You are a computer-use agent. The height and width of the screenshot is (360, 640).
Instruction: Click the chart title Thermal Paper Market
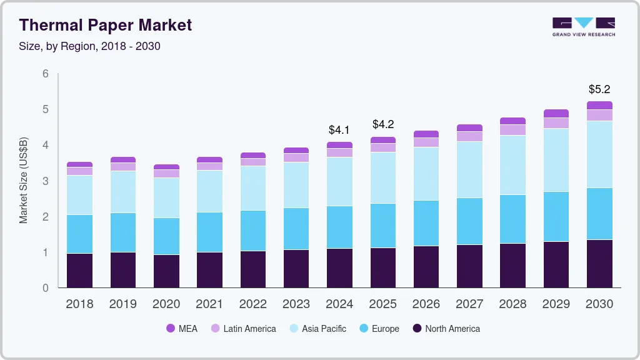tap(105, 26)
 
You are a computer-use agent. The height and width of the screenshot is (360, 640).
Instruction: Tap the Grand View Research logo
tap(583, 27)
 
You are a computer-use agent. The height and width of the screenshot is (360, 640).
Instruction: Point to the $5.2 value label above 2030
tap(599, 89)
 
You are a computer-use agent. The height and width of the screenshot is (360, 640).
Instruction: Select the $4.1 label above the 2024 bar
tap(339, 130)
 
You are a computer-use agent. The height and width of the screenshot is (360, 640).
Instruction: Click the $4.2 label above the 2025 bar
tap(383, 124)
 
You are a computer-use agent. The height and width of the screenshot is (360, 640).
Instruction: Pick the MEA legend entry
tap(181, 329)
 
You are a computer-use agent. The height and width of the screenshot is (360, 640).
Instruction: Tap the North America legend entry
tap(446, 329)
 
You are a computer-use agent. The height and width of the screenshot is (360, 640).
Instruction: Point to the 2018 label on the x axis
tap(79, 304)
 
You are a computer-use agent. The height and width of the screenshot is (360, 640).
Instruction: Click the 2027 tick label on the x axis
tap(469, 304)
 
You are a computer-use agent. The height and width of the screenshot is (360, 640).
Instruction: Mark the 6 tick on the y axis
tap(46, 74)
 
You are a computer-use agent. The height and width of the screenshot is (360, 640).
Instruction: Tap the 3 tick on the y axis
tap(46, 181)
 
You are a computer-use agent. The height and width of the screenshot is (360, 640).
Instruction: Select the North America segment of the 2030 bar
tap(599, 264)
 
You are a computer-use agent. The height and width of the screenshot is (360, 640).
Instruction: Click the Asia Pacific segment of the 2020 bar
tap(166, 197)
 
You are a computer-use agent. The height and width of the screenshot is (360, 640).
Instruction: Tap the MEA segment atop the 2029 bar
tap(556, 113)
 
